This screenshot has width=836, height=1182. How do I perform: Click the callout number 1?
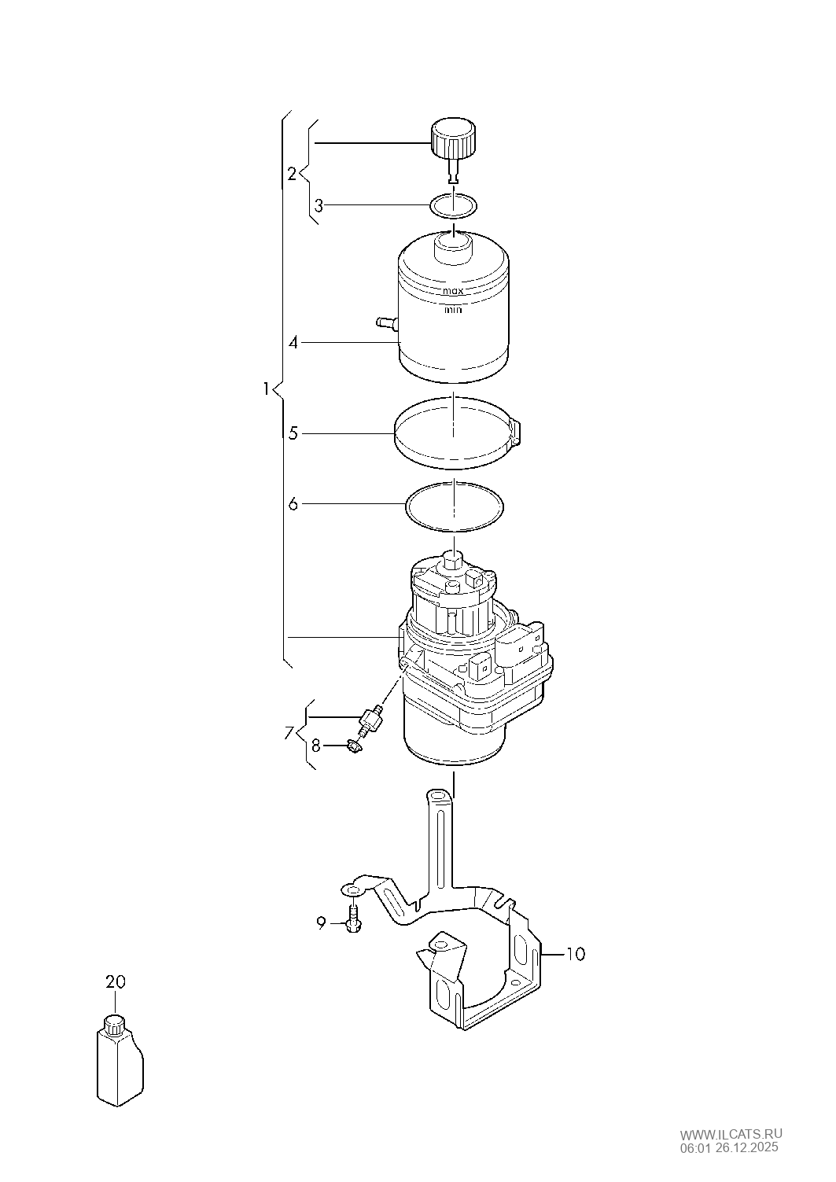click(x=267, y=388)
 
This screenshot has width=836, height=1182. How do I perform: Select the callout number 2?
click(x=292, y=174)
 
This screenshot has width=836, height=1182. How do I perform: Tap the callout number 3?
click(x=319, y=206)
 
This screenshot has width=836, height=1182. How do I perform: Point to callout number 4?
click(x=293, y=343)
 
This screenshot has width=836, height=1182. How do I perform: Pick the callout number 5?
click(x=293, y=433)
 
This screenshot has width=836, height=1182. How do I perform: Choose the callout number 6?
click(x=293, y=504)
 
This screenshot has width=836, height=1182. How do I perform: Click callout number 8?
click(x=315, y=745)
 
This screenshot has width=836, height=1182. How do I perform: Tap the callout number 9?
click(x=321, y=923)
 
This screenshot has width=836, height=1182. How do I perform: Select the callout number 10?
click(x=576, y=954)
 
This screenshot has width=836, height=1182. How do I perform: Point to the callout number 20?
click(x=116, y=981)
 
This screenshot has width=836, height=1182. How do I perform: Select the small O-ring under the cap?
click(x=454, y=206)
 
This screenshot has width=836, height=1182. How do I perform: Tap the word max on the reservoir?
click(x=453, y=290)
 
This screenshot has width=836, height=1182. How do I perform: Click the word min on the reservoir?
click(x=453, y=310)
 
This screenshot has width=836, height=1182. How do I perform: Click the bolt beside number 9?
click(x=352, y=919)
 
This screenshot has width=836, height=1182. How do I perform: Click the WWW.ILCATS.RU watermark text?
click(x=731, y=1133)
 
